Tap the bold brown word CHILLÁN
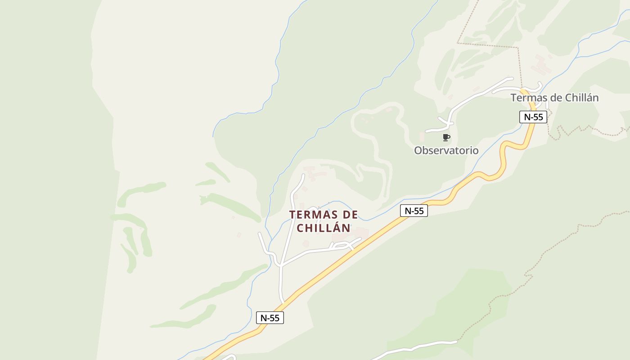[x=324, y=228]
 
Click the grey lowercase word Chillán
[x=581, y=98]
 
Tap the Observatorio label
[x=446, y=150]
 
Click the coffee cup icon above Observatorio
[x=446, y=137]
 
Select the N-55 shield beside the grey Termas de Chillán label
[x=533, y=117]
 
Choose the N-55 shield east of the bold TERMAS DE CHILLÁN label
[x=414, y=211]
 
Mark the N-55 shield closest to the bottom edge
[x=270, y=318]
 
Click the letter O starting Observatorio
[x=418, y=150]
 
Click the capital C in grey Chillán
[x=568, y=98]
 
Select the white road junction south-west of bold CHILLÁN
[x=280, y=265]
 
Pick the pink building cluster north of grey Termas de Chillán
[x=541, y=66]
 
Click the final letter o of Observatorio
[x=475, y=150]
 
